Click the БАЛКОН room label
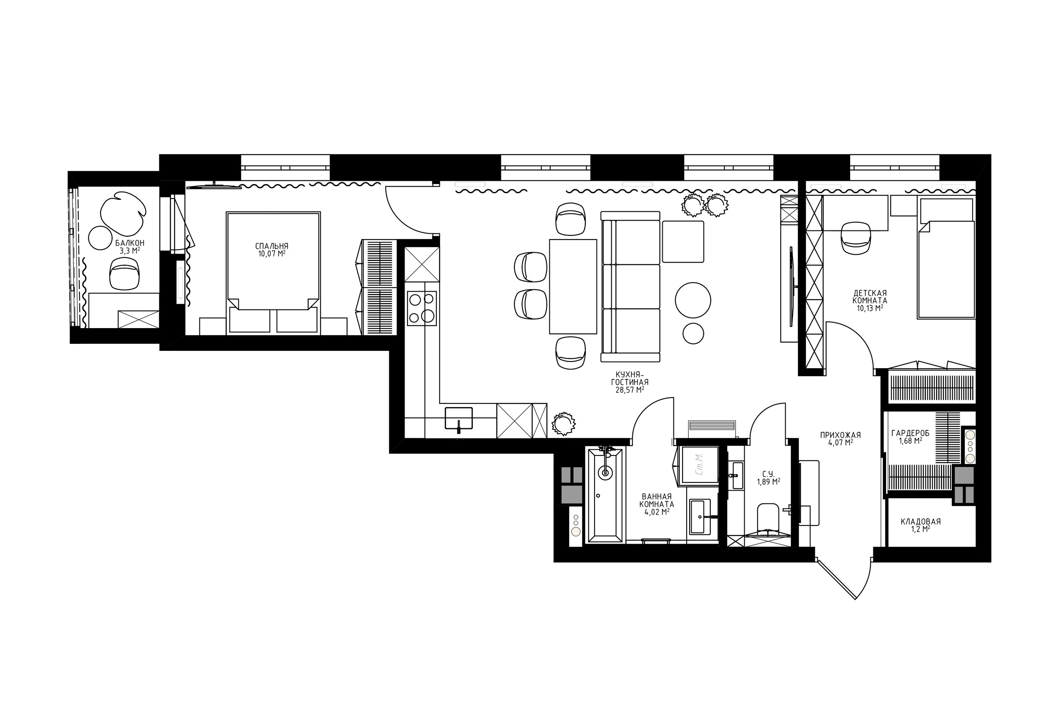129,243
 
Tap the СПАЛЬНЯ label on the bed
271,246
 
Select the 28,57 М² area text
630,390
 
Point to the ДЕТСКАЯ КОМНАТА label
869,297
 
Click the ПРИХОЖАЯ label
840,435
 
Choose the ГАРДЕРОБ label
910,433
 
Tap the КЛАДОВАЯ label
920,522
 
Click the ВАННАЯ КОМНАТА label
656,501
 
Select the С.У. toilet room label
768,474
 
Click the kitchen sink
458,418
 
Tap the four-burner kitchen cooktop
422,308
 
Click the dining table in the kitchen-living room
573,287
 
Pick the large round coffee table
692,300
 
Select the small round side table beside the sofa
693,333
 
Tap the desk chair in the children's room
855,237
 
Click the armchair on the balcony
125,273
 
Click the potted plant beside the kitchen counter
563,424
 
